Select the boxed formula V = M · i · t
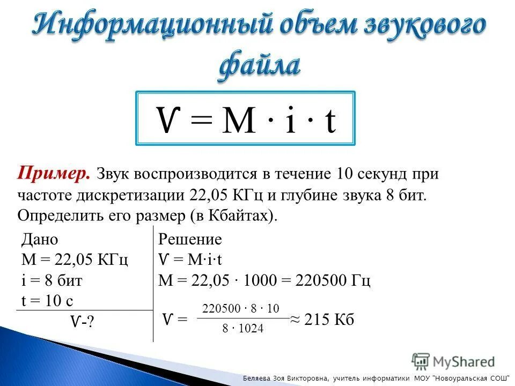(246, 118)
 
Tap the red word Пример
(54, 174)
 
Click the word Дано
(39, 239)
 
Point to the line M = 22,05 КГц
(74, 260)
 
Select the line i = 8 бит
(51, 280)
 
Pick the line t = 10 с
(47, 301)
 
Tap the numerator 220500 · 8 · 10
(241, 308)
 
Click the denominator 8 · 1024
(243, 329)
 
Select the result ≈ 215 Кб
(322, 320)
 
